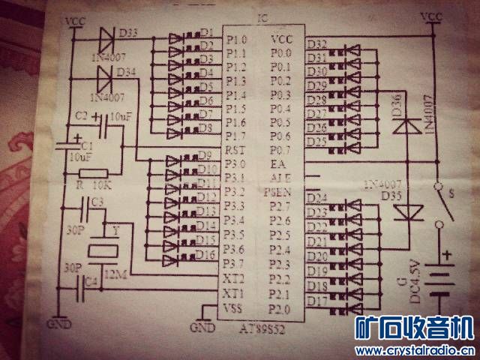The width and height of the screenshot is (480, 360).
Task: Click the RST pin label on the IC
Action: coord(233,151)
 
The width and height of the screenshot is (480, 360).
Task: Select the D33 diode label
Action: coord(128,32)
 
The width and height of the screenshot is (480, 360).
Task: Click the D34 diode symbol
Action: coord(106,75)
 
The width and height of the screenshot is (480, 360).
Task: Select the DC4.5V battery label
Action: coord(427,285)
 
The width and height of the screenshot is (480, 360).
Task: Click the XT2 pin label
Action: coord(233,277)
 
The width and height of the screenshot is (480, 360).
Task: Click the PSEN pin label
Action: coord(278,192)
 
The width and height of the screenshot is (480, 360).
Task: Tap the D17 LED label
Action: coord(317,300)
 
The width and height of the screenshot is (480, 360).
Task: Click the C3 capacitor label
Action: coord(97,202)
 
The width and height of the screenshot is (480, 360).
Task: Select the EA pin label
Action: coord(279,163)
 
